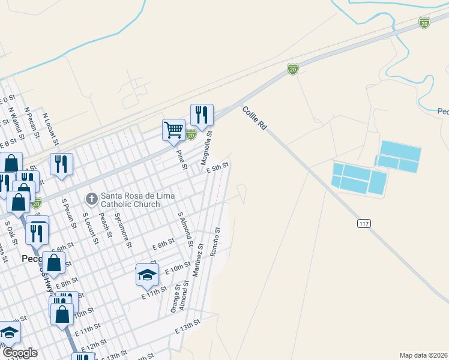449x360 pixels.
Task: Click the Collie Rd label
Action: click(x=254, y=119)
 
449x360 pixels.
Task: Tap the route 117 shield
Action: click(x=364, y=223)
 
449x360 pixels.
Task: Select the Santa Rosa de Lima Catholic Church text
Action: click(x=130, y=200)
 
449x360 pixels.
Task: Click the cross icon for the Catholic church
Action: click(x=92, y=197)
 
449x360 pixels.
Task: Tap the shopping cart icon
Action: click(x=173, y=129)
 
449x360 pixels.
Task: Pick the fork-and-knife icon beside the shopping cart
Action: click(x=202, y=114)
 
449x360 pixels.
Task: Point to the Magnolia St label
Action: click(x=206, y=150)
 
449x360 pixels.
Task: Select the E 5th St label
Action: click(x=218, y=168)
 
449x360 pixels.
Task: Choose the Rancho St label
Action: click(x=215, y=241)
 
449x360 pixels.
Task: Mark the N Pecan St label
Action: click(x=32, y=122)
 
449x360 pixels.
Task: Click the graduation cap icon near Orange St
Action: click(x=147, y=275)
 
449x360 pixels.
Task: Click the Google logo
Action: click(x=20, y=353)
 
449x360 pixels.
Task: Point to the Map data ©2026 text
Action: click(x=423, y=355)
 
